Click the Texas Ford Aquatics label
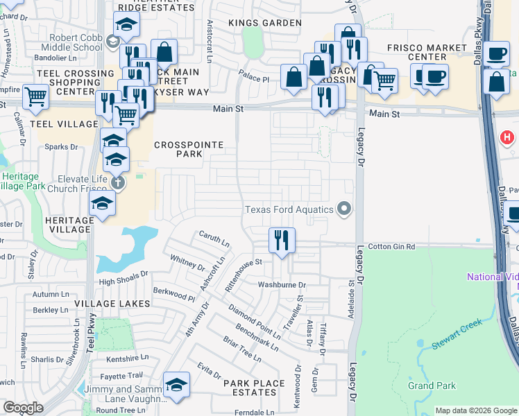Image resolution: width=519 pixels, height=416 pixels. click(289, 209)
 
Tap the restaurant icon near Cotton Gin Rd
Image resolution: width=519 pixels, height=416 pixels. click(282, 241)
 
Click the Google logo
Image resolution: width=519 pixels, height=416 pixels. click(23, 408)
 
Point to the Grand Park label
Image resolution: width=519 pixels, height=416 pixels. click(431, 385)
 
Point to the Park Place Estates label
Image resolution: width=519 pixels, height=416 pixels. click(254, 388)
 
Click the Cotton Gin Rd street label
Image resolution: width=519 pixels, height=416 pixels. click(391, 246)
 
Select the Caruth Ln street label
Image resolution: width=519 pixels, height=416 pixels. click(214, 241)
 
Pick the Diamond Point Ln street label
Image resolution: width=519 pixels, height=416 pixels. click(254, 318)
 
